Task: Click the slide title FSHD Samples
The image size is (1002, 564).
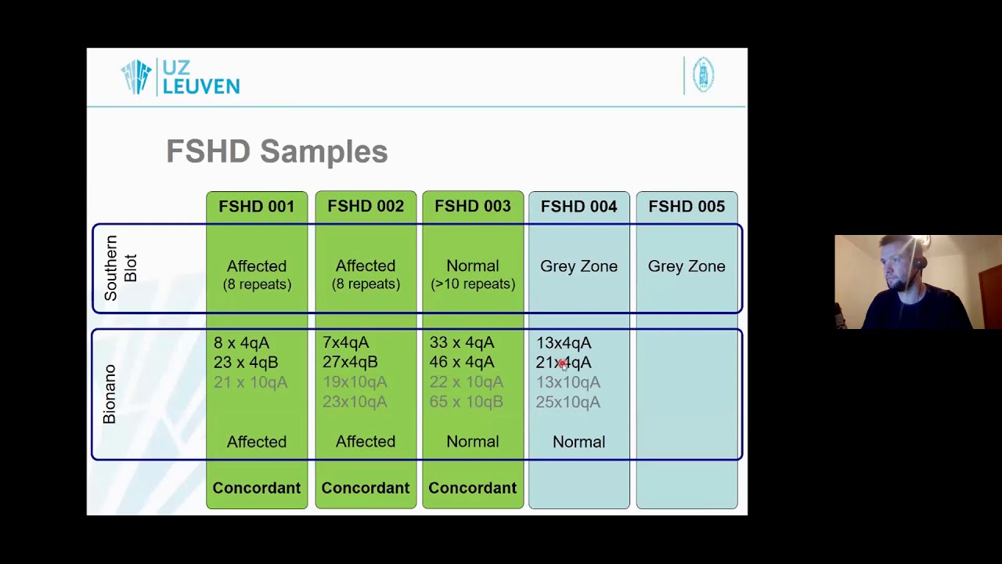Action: coord(276,151)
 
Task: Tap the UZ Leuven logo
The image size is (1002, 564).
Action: coord(181,77)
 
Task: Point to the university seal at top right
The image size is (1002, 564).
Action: coord(703,75)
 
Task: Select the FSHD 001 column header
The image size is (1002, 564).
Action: coord(257,206)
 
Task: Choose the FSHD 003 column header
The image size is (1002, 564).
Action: coord(472,206)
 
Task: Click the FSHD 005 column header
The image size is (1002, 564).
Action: coord(687,206)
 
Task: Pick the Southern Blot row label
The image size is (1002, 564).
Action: coord(121,268)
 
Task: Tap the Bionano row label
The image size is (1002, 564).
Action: coord(110,394)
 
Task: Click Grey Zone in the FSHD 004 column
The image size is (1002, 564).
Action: coord(578,266)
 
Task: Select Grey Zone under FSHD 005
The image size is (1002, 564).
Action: coord(687,266)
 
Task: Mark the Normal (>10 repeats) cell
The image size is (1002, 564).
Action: coord(472,274)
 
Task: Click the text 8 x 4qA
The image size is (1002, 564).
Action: coord(241,342)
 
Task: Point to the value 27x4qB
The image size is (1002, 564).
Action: coord(350,362)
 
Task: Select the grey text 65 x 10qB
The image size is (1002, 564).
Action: coord(466,402)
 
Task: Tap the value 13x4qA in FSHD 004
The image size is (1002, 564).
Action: coord(564,342)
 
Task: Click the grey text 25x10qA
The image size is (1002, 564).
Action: coord(568,402)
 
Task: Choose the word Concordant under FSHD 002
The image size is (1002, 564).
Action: coord(365,488)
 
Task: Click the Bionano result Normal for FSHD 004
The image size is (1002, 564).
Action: coord(578,442)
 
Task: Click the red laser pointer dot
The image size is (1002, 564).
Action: coord(563,363)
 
